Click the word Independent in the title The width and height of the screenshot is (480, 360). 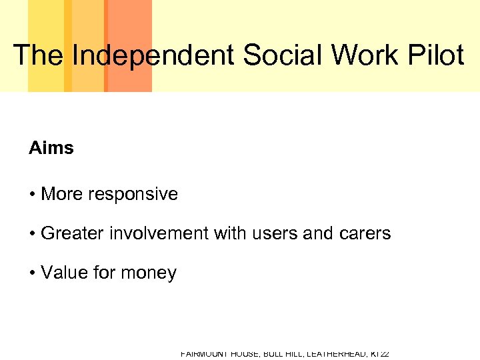154,55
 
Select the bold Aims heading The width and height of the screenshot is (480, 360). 51,148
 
